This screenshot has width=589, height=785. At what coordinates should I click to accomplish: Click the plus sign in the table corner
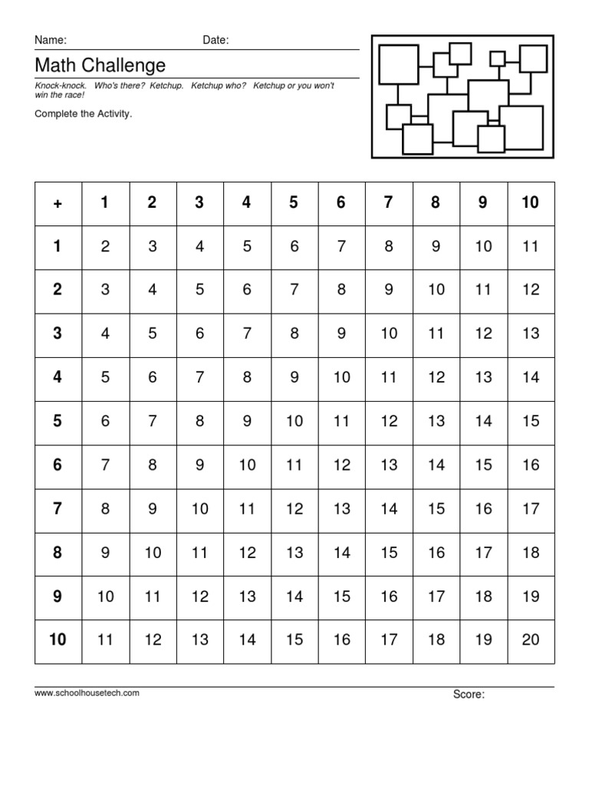click(x=58, y=203)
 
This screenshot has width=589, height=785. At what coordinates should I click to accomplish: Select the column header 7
click(x=389, y=202)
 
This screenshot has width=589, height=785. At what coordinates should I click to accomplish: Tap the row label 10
click(x=58, y=639)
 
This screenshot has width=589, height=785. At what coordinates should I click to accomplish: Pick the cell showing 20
click(x=531, y=639)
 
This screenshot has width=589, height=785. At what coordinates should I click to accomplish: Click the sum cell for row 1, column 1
click(x=105, y=246)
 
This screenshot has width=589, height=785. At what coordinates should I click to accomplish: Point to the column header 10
click(x=531, y=202)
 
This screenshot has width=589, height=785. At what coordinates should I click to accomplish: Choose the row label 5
click(x=58, y=421)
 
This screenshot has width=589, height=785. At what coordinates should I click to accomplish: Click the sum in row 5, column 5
click(x=294, y=421)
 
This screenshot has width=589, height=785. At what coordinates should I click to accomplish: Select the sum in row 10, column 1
click(x=105, y=639)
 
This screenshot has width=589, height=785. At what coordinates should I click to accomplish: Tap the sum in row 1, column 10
click(x=531, y=246)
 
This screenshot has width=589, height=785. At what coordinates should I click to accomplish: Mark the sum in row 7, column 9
click(x=483, y=508)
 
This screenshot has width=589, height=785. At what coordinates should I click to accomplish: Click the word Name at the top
click(x=50, y=40)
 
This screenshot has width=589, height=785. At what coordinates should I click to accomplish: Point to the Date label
click(x=216, y=40)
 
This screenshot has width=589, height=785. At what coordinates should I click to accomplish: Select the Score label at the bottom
click(x=468, y=695)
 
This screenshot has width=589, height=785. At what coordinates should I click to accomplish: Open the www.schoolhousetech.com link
click(x=87, y=693)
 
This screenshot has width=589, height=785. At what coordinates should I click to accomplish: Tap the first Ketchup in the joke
click(x=168, y=86)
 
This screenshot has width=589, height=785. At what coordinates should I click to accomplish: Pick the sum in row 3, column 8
click(x=436, y=333)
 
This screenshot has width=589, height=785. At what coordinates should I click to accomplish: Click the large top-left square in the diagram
click(x=398, y=64)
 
